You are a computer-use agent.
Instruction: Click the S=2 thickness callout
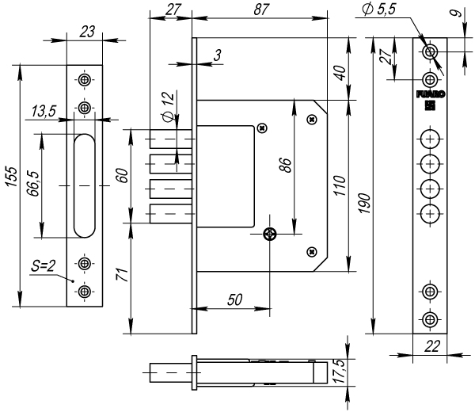point(46,268)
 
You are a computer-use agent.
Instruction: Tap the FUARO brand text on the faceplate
point(430,93)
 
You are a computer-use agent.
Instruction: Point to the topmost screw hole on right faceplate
point(431,52)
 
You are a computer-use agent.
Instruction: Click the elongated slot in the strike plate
point(83,185)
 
